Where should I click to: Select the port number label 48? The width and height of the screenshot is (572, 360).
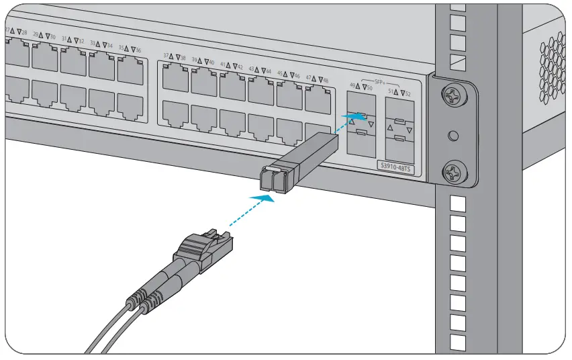click(326, 80)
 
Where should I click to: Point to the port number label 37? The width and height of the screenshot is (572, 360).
click(166, 56)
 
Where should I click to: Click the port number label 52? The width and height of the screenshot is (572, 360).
click(408, 93)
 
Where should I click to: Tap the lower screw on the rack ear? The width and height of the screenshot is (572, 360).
click(454, 172)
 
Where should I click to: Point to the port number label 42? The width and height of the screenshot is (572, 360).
click(240, 67)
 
